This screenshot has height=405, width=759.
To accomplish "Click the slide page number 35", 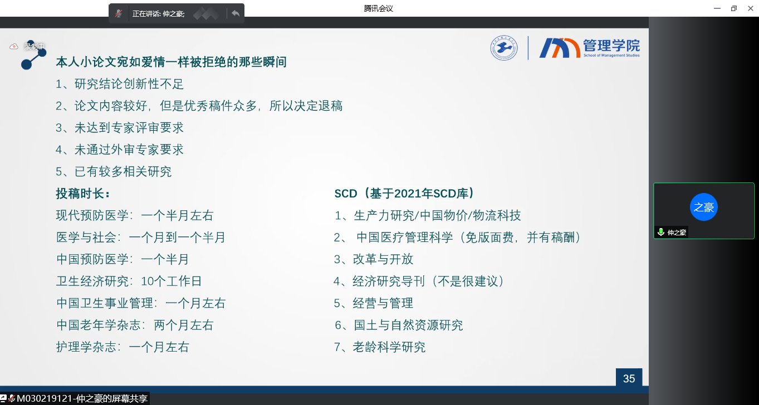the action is click(629, 378).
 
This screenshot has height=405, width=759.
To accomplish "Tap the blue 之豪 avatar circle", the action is click(704, 207).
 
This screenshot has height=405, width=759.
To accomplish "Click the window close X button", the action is click(751, 8).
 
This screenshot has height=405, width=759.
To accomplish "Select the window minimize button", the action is click(717, 8).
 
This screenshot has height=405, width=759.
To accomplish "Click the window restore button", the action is click(734, 8).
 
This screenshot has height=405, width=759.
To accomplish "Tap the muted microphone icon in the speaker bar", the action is click(118, 13).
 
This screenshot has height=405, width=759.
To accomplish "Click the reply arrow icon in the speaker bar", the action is click(236, 13).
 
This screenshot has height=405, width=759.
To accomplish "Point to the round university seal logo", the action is click(504, 48).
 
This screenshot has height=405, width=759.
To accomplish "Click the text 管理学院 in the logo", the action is click(611, 45).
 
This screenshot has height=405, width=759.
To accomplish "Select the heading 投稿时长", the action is click(83, 194).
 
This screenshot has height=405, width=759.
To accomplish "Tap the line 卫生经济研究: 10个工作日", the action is click(129, 281).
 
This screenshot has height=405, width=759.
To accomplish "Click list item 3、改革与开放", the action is click(374, 259).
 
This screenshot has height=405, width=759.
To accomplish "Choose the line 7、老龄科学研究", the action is click(380, 347).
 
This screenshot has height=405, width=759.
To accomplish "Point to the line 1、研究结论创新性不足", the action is click(120, 84).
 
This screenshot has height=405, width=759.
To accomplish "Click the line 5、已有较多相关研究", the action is click(114, 172).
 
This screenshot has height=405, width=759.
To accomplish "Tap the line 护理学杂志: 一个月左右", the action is click(123, 347).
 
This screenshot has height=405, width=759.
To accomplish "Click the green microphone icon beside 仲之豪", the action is click(661, 232).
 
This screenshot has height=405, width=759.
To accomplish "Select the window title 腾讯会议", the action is click(378, 8).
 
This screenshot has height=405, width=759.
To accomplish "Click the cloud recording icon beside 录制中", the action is click(13, 46).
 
